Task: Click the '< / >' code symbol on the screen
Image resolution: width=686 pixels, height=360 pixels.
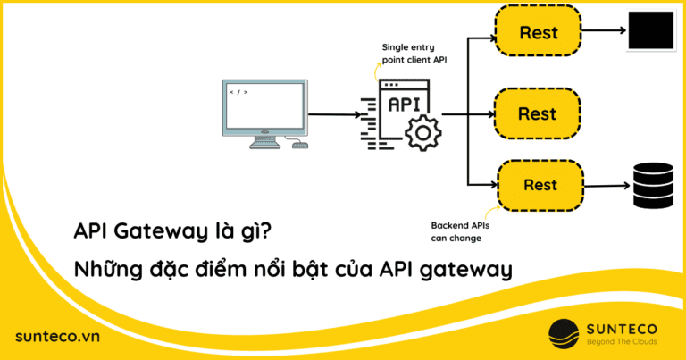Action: click(x=238, y=91)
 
